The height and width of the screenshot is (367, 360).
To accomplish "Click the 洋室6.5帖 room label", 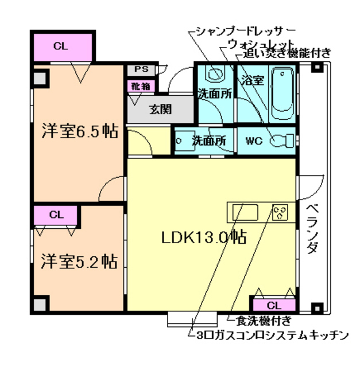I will point(80,131).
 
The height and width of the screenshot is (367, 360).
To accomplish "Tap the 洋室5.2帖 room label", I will point(80,261).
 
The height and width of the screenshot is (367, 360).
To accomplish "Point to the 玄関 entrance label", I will point(161,110).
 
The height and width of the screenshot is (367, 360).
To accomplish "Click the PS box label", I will point(140,69).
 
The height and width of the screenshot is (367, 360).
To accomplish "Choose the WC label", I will point(253,140).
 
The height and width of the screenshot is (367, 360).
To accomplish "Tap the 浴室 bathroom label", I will point(253,80).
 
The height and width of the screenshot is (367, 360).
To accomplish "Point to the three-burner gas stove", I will point(281,213).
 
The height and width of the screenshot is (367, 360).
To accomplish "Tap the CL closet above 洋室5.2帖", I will point(56,216).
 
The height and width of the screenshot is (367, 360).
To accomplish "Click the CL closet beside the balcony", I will point(273,304).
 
